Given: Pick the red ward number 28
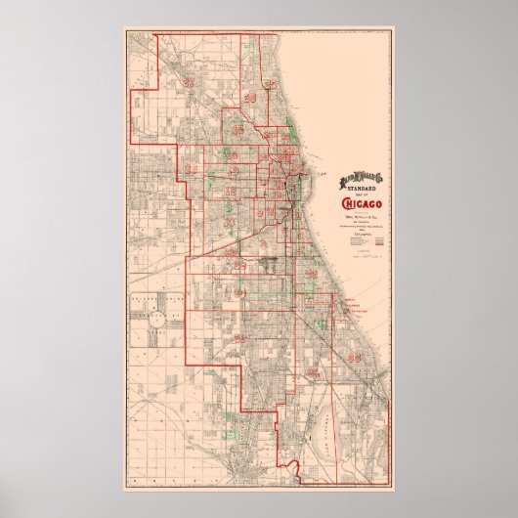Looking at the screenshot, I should pos(192,170).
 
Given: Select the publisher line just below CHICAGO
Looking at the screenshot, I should pos(362,215).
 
